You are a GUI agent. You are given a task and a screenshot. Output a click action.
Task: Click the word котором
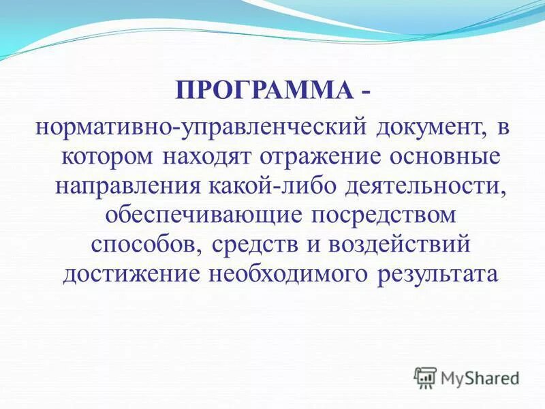[108, 156]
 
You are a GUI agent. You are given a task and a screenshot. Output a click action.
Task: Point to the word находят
[209, 156]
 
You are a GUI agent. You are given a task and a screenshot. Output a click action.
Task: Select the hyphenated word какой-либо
[276, 185]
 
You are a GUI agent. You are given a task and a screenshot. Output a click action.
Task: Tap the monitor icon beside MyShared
[425, 377]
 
